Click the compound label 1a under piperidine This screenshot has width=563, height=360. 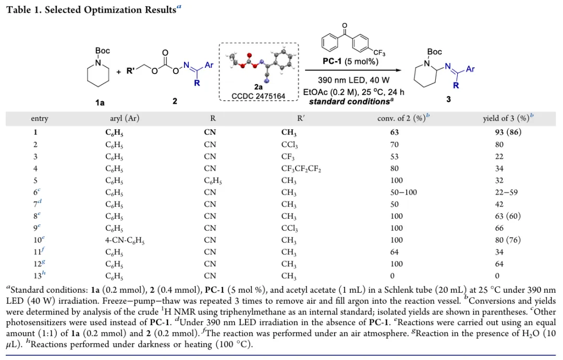pos(100,103)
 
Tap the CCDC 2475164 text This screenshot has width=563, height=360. pos(259,96)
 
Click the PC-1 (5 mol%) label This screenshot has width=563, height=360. pos(350,61)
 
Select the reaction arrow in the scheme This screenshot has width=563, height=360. pos(354,70)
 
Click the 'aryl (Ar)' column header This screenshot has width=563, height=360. pos(122,118)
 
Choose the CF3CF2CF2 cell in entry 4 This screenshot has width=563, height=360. pos(303,168)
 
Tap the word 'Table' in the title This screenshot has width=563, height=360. pos(18,10)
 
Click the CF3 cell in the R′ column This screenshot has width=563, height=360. pos(288,156)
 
